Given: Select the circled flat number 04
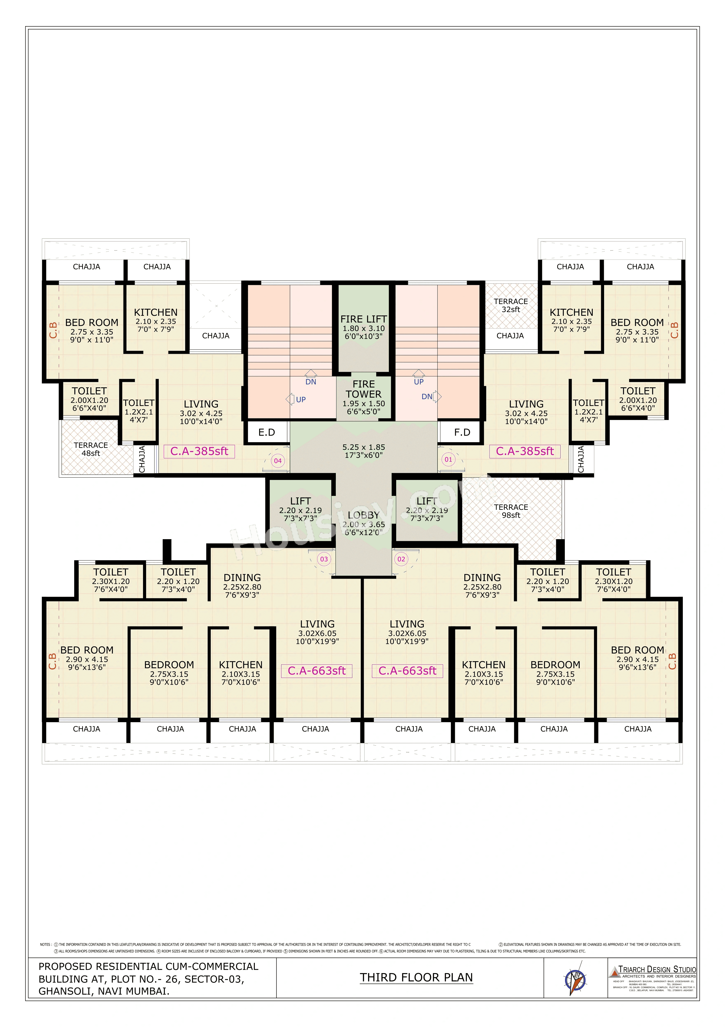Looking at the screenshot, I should click(x=278, y=461).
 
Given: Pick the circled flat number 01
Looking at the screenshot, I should click(x=448, y=459).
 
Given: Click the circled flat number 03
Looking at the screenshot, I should click(x=324, y=559).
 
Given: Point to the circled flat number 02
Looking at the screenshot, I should click(x=401, y=559).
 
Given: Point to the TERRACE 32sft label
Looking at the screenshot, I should click(x=511, y=305).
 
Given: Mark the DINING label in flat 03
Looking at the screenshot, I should click(x=242, y=577).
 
